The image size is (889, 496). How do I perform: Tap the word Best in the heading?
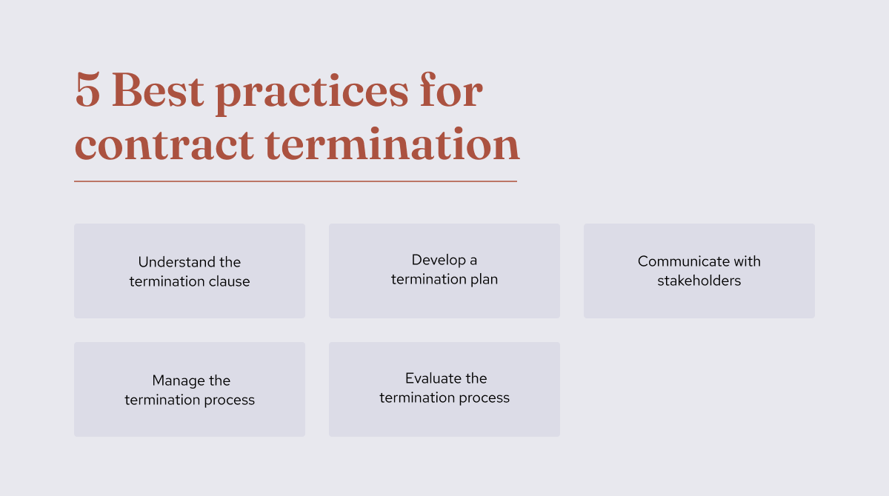point(158,92)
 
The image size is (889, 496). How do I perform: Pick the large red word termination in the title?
point(392,144)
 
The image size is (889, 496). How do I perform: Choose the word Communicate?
point(683,261)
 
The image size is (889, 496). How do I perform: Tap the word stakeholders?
point(699,281)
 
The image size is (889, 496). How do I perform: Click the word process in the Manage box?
point(230,400)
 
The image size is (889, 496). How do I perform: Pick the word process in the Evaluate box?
point(485,398)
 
